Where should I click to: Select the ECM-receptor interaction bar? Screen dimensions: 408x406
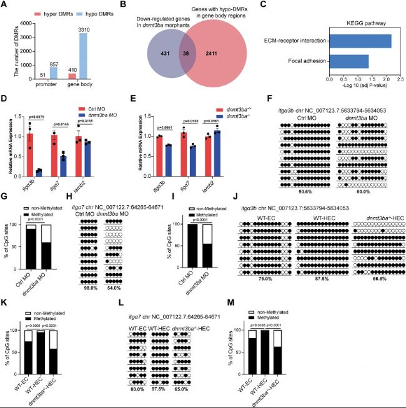pos(360,41)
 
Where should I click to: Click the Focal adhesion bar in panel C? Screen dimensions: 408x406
pos(349,61)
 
